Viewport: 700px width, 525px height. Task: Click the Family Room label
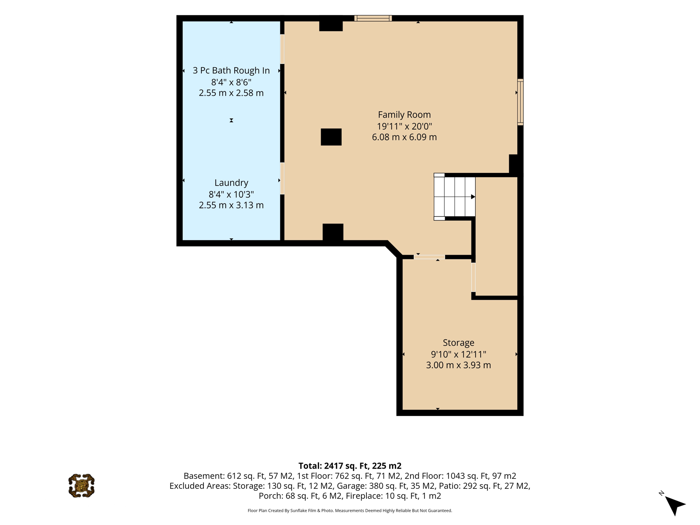tap(404, 115)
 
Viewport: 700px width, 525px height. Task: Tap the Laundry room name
tap(231, 183)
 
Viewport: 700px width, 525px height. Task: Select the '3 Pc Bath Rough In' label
tap(231, 70)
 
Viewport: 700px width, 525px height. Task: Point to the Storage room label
tap(458, 343)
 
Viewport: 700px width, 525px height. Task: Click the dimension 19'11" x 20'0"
tap(404, 126)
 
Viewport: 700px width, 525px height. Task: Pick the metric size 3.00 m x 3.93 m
tap(458, 365)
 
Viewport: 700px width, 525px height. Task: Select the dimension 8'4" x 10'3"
tap(231, 194)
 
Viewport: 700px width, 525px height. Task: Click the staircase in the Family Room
tap(455, 197)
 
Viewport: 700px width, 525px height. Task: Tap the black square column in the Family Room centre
tap(331, 137)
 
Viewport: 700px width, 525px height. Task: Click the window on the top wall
tap(373, 18)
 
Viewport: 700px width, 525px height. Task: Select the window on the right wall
tap(520, 102)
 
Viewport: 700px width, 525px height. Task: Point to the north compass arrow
tap(674, 505)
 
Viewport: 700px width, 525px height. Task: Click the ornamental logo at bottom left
tap(82, 486)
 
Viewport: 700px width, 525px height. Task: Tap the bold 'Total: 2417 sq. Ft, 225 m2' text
tap(350, 466)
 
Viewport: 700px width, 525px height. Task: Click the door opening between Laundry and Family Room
tap(282, 178)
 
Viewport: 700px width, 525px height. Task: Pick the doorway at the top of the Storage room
tap(429, 257)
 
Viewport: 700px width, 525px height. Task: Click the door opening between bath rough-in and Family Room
tap(282, 49)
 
